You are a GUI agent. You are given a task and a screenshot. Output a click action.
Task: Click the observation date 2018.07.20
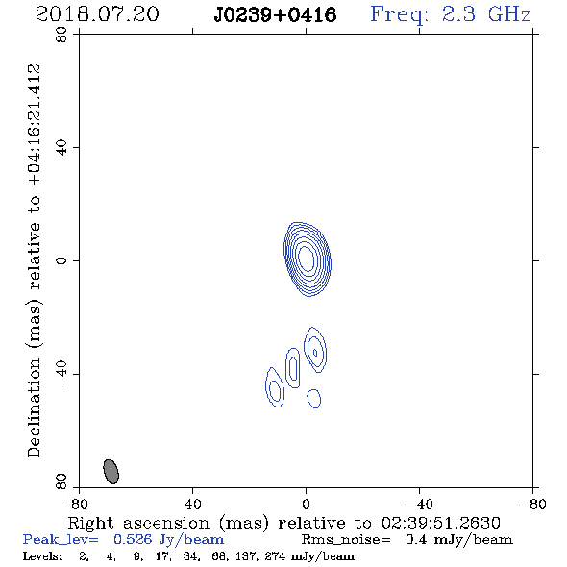pos(97,14)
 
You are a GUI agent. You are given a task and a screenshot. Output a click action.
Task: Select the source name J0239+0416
pos(275,14)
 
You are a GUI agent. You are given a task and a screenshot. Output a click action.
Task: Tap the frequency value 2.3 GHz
pos(486,14)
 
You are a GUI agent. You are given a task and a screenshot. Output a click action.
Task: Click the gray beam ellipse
pos(111,472)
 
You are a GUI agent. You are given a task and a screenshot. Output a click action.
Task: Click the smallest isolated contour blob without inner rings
pos(314,399)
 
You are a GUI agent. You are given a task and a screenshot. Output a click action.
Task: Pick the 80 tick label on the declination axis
pos(62,35)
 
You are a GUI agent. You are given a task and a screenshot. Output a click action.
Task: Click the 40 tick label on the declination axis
pos(62,148)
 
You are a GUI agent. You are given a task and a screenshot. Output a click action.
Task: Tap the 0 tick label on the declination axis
pos(62,260)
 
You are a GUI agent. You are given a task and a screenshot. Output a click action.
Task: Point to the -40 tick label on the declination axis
pos(62,374)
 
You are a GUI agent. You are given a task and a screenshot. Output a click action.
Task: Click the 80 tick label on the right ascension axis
pos(79,504)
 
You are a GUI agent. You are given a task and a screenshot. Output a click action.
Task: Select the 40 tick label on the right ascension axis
pos(192,504)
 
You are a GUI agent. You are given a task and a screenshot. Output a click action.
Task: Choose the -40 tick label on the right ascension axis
pos(419,504)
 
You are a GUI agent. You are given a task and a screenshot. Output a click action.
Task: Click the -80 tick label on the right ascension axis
pos(532,504)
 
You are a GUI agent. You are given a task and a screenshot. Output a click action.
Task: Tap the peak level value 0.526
pos(133,539)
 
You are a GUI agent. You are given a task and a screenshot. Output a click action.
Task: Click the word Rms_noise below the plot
pos(346,540)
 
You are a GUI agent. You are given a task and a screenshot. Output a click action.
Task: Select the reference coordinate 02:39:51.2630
pos(440,523)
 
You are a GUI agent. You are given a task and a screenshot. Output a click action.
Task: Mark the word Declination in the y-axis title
pos(34,408)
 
